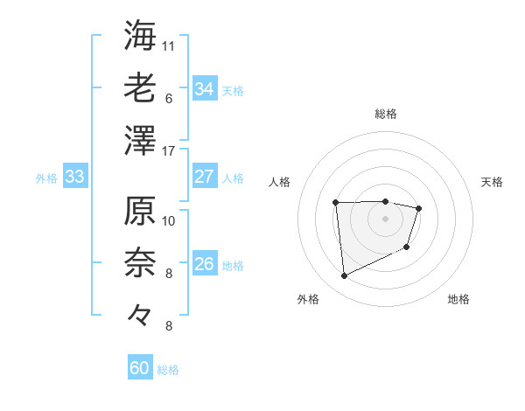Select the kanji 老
coord(140,87)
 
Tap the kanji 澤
coord(140,141)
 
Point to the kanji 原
coord(140,212)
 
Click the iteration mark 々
coord(140,312)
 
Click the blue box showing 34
coord(204,89)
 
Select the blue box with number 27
coord(204,177)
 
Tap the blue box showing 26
coord(204,264)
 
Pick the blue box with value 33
coord(74,178)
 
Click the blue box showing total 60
coord(140,368)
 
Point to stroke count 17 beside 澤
coord(170,151)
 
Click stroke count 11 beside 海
coord(170,44)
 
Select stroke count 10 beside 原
coord(170,220)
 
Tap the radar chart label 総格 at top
coord(385,114)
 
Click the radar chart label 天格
coord(492,182)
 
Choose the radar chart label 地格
coord(458,299)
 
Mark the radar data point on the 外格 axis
coord(345,276)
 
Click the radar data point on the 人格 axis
coord(335,203)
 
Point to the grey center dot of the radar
coord(385,219)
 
